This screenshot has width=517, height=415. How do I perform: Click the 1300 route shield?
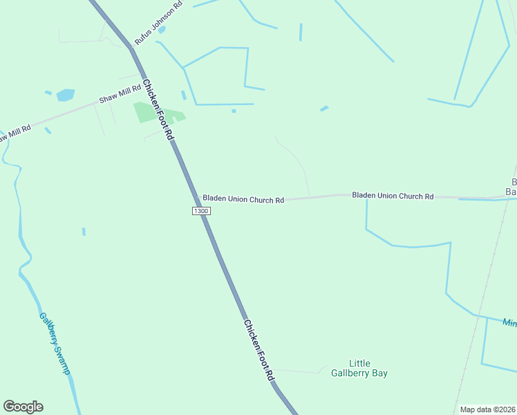pyautogui.click(x=201, y=211)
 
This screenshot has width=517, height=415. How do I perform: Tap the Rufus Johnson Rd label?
pyautogui.click(x=158, y=24)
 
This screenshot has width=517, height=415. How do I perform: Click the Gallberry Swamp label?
pyautogui.click(x=55, y=344)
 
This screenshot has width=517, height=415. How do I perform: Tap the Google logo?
pyautogui.click(x=23, y=407)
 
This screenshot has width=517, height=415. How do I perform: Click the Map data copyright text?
pyautogui.click(x=487, y=409)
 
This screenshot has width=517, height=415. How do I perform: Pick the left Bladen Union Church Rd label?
pyautogui.click(x=243, y=199)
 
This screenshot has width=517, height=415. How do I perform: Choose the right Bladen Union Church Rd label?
pyautogui.click(x=393, y=196)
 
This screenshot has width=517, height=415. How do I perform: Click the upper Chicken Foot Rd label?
pyautogui.click(x=158, y=109)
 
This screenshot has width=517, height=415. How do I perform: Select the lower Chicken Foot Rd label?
pyautogui.click(x=259, y=349)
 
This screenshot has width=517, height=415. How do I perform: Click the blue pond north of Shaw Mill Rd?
pyautogui.click(x=66, y=95)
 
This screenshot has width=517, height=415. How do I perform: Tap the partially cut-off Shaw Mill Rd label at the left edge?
pyautogui.click(x=14, y=133)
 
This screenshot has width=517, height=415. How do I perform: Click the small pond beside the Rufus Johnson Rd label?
pyautogui.click(x=162, y=30)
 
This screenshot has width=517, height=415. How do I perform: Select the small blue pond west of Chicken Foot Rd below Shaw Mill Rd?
pyautogui.click(x=84, y=232)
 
